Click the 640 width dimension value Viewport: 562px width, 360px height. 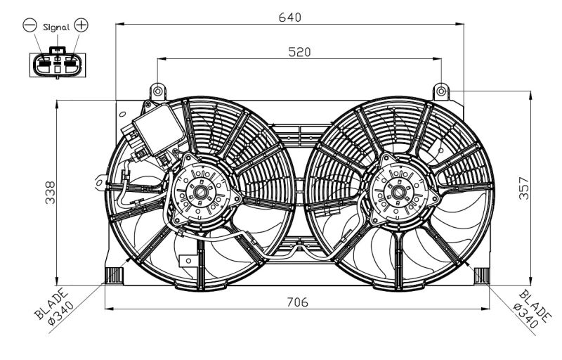(289, 17)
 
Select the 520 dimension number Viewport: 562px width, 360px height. (299, 52)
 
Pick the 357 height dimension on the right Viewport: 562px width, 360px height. (523, 188)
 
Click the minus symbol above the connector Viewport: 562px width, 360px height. (30, 26)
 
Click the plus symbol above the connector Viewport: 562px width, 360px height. (81, 26)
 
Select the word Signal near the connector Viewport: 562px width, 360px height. (55, 27)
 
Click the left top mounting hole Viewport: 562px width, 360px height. (157, 91)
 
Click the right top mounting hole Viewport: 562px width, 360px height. (440, 91)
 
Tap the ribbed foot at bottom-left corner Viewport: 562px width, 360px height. (112, 275)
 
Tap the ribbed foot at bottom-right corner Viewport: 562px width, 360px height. (482, 275)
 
